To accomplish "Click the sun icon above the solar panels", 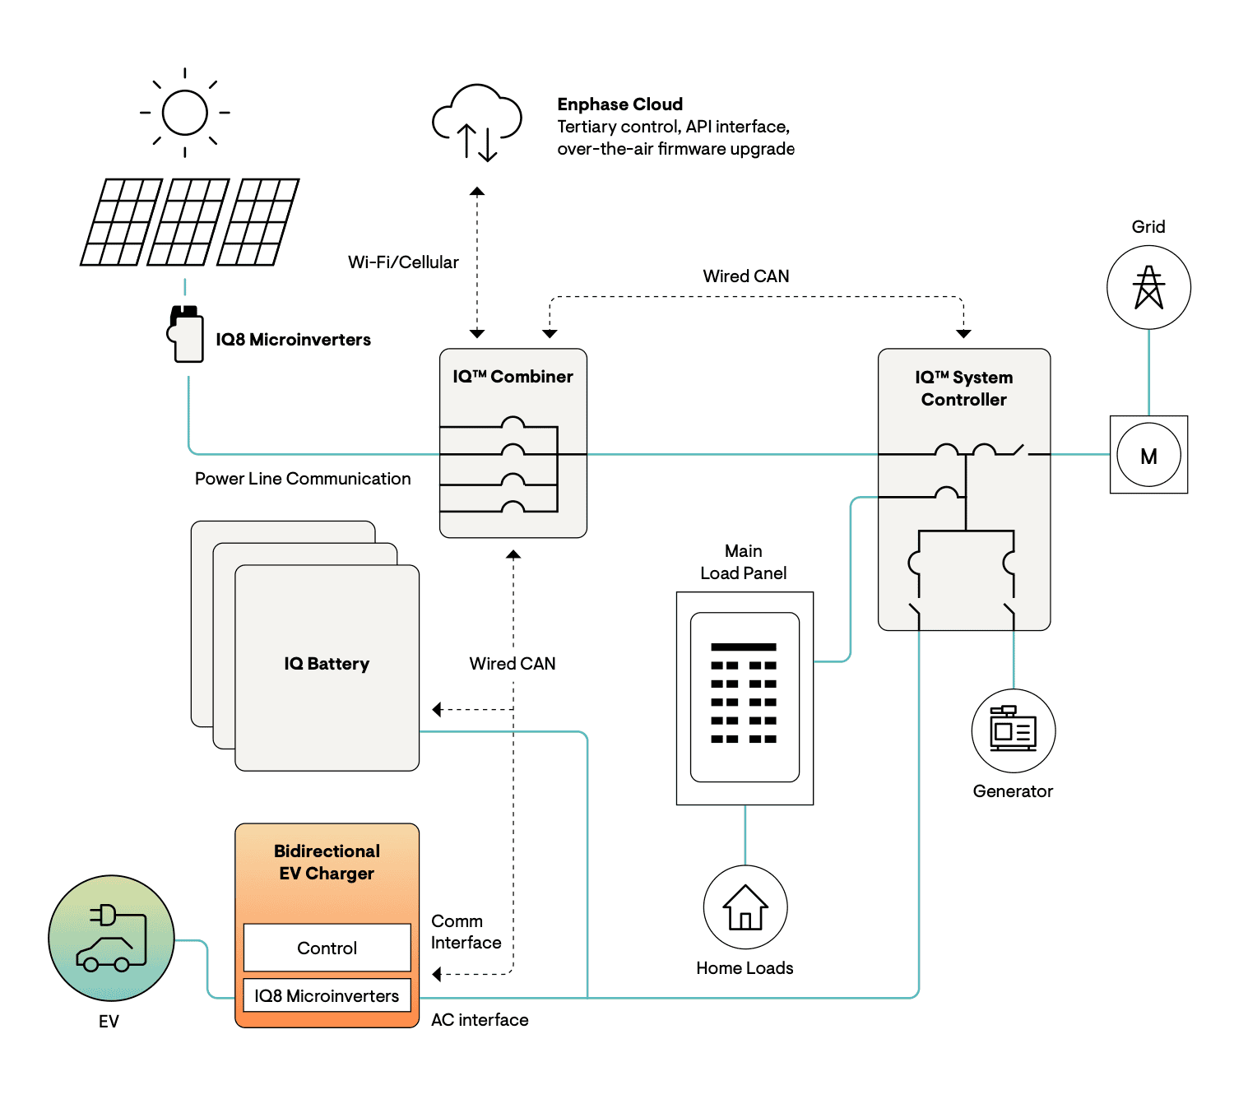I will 184,113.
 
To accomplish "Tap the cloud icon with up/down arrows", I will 477,122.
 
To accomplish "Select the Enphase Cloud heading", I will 619,104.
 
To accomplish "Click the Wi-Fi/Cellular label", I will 403,262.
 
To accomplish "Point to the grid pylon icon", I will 1148,287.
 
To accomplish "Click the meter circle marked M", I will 1148,455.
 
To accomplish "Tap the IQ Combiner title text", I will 513,377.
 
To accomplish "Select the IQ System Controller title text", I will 964,388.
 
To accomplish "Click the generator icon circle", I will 1013,730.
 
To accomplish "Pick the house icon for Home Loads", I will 745,907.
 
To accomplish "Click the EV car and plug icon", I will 111,938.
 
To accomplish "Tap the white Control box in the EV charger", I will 327,948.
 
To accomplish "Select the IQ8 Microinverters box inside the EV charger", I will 327,995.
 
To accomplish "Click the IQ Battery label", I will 327,664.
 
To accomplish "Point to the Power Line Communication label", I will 303,479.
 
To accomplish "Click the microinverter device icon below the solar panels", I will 186,334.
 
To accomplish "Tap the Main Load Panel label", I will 744,562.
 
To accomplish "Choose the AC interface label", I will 480,1020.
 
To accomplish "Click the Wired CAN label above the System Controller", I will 746,276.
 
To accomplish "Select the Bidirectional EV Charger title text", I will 327,862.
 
